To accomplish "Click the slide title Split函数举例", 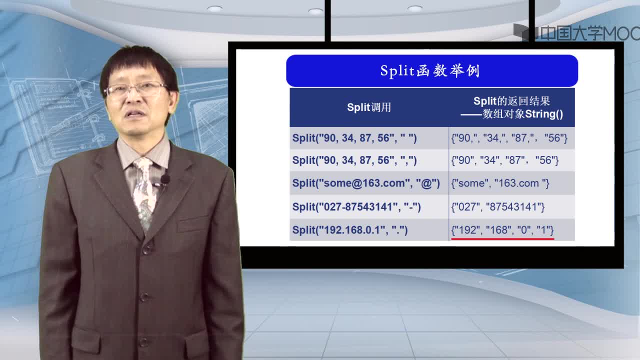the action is click(x=430, y=70).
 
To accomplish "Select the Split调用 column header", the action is click(x=369, y=107).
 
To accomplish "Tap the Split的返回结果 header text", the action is click(x=511, y=101).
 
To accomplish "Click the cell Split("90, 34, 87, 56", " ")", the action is click(x=354, y=138).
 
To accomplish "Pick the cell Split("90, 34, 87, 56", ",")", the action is click(x=354, y=160).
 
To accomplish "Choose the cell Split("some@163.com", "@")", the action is click(x=366, y=183).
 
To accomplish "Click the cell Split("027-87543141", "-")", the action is click(x=356, y=206).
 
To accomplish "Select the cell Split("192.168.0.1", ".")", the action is click(x=349, y=230).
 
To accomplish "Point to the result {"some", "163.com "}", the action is click(x=500, y=183).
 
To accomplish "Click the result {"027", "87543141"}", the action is click(x=497, y=206).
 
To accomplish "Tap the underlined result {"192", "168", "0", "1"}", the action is click(x=502, y=230).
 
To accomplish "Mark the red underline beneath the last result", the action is click(x=502, y=238).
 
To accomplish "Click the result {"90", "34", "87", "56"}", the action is click(x=504, y=160).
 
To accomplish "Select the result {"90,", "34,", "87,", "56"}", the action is click(x=509, y=138).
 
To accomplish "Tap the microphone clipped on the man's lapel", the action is click(x=165, y=179).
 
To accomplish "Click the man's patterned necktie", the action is click(x=145, y=194).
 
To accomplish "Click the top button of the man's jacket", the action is click(x=146, y=250).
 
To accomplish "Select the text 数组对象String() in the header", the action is click(x=522, y=114).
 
